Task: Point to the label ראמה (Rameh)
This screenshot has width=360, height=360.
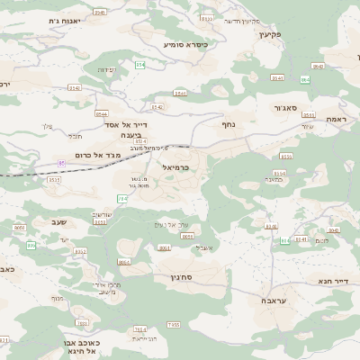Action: (x=336, y=118)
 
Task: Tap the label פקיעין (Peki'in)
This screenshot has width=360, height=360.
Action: (x=270, y=33)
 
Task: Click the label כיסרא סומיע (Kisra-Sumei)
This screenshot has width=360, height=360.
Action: (x=185, y=43)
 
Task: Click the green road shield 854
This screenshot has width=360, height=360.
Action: (x=140, y=65)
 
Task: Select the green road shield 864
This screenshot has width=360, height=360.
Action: (x=305, y=79)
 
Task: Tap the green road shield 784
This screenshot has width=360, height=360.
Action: (x=122, y=198)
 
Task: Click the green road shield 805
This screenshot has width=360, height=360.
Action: (x=31, y=245)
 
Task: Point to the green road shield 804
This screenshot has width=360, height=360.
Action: (x=285, y=240)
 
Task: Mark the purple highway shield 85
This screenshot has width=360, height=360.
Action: (x=61, y=162)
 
